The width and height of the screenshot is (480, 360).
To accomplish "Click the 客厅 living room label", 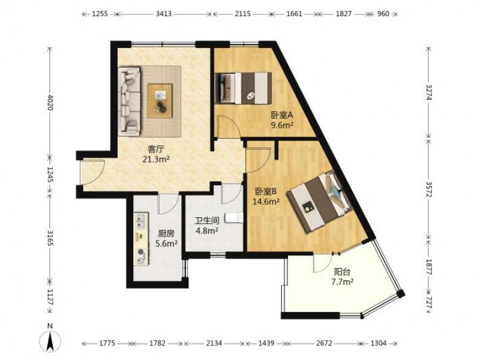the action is coord(156,149).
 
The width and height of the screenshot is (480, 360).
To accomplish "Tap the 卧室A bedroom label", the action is coord(282,115).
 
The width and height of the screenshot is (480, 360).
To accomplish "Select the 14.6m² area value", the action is coord(266,202).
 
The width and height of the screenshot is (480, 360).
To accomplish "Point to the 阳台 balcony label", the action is coord(342,272).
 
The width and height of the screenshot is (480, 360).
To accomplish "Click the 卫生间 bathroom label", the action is coord(207,221).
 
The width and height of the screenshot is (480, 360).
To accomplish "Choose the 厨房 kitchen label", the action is coord(166,234).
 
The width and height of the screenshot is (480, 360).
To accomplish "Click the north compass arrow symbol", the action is coord(50,340).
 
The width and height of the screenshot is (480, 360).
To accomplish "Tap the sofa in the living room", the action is coord(130,101).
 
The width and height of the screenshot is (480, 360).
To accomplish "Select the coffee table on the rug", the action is coord(160,101).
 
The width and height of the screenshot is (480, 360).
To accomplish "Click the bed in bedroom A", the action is coord(244,88).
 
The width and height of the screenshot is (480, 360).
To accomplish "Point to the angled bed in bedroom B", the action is coord(319,202).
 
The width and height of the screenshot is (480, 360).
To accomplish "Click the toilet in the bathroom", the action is coord(234,218).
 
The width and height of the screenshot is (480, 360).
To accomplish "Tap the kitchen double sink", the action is coord(141,221).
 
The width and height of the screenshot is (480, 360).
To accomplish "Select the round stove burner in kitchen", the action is coord(141,252).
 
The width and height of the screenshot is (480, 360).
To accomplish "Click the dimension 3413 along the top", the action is coord(164,14).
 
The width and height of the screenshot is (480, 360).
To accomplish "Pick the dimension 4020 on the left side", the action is coord(50,103).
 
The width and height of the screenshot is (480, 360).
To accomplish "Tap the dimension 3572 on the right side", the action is coord(429,190).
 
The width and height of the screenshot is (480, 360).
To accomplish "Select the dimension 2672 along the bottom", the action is coord(324,343).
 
